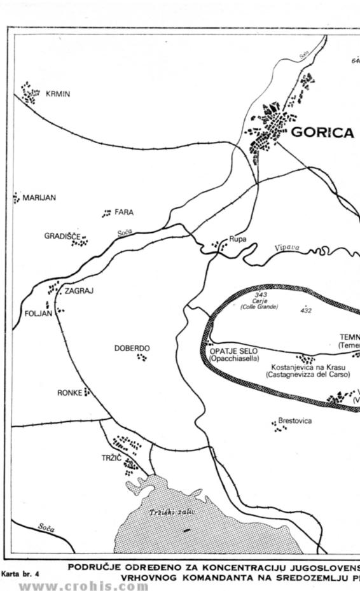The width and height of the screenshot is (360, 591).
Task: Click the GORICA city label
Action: pos(322,132)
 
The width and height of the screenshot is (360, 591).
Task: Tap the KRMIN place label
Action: pos(58,94)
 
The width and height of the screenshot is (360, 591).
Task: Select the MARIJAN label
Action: pos(39,198)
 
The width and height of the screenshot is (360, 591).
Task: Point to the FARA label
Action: pos(124,212)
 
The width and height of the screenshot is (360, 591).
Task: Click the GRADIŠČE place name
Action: pos(62,236)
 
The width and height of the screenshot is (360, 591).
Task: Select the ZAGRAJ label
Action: pos(79,291)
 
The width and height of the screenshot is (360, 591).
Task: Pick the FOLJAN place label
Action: pos(37,314)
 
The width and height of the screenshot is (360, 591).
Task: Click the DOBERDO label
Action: pos(132,348)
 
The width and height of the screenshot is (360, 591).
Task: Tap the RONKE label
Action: pos(69,393)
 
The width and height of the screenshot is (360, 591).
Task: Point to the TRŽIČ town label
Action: pos(111,458)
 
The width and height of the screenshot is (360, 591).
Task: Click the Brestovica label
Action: pos(294,421)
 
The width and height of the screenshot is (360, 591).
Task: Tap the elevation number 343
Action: pos(260,295)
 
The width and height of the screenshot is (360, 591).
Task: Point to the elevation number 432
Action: pos(306,310)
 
